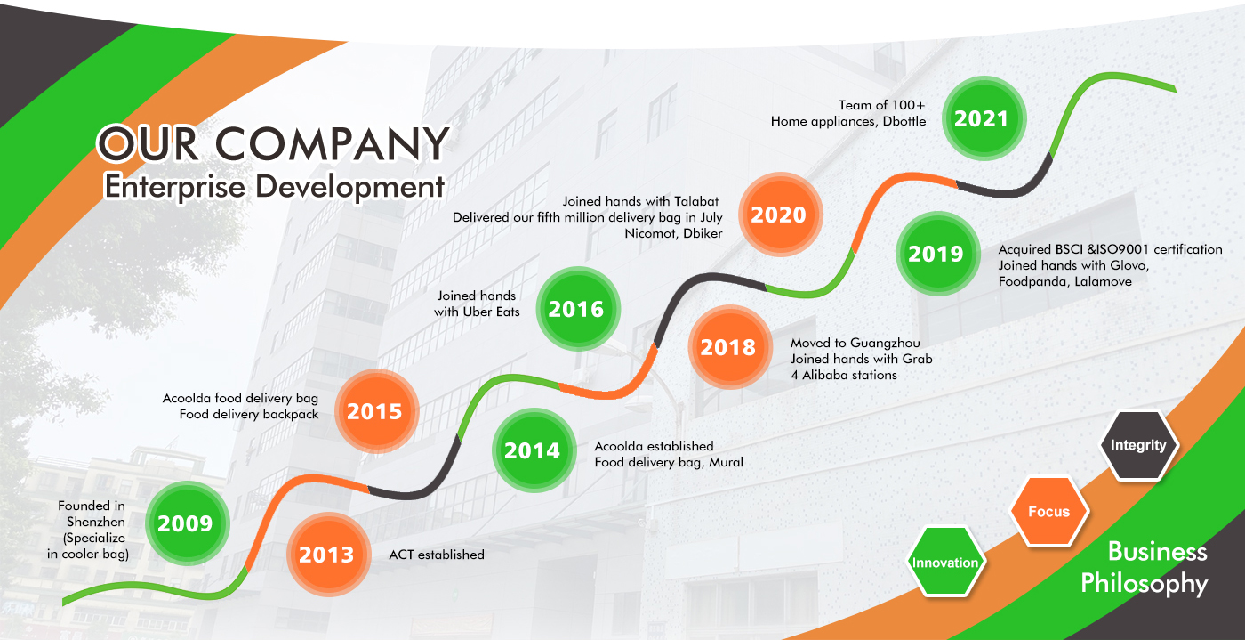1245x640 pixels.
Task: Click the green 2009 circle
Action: click(x=188, y=523)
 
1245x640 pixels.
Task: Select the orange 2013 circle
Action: click(x=328, y=555)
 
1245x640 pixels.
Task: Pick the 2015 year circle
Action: click(x=376, y=411)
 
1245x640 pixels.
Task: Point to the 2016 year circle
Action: click(x=578, y=309)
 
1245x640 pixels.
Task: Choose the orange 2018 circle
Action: click(x=730, y=347)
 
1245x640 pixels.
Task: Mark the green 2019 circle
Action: click(x=937, y=254)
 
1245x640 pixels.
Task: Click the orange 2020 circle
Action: click(x=781, y=215)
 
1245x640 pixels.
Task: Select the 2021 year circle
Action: click(x=984, y=118)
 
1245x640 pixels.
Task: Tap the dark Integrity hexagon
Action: click(x=1139, y=445)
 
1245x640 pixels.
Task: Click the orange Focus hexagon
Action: click(x=1048, y=512)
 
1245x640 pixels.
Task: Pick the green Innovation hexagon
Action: click(x=945, y=562)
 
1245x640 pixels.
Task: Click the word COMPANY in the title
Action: click(x=332, y=143)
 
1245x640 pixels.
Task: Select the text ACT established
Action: click(x=437, y=555)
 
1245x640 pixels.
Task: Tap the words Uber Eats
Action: click(x=491, y=312)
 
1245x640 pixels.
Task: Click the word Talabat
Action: click(x=696, y=201)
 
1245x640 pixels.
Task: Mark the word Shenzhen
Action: click(x=96, y=522)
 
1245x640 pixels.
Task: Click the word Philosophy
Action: click(x=1145, y=583)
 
